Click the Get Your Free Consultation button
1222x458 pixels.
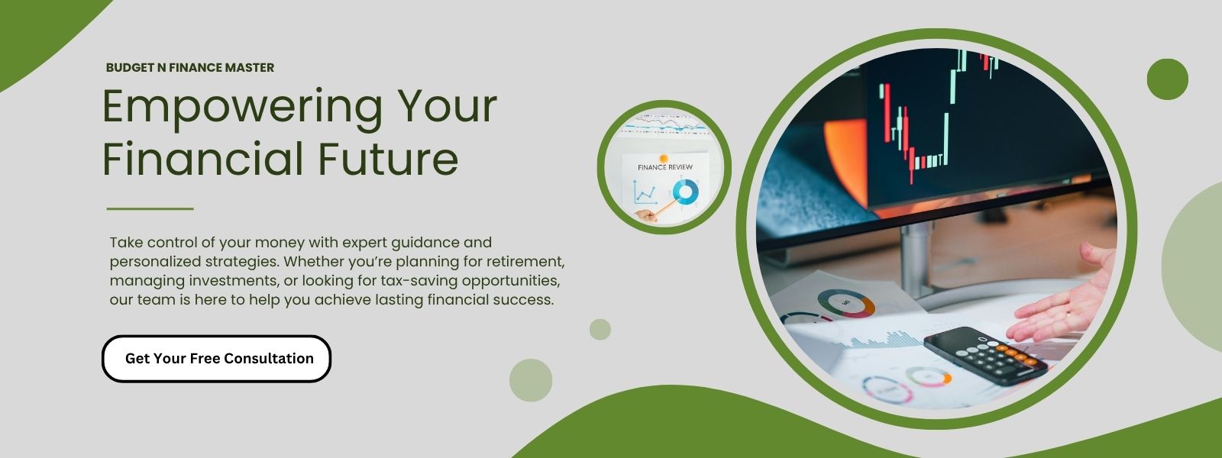[217, 358]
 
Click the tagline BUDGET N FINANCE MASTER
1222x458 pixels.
[190, 68]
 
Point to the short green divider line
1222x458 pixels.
[150, 208]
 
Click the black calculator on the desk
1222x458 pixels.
[985, 355]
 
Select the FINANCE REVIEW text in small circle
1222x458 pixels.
[665, 167]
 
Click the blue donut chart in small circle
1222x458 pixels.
[685, 192]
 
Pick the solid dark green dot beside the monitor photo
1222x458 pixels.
[1168, 79]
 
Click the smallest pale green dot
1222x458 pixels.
[600, 329]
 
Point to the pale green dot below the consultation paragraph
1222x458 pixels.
[531, 380]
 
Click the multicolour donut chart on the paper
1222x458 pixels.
[845, 303]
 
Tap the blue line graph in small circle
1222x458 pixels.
[645, 193]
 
